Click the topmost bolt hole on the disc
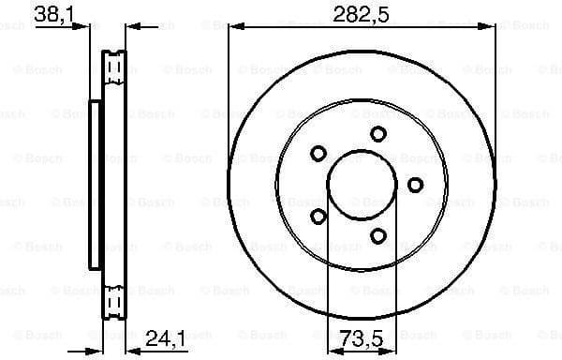coord(377,134)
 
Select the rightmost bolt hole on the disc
coord(416,184)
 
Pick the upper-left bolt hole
coord(318,153)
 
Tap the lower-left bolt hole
coord(318,217)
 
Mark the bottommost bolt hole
coord(378,235)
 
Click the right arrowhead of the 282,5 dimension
coord(490,27)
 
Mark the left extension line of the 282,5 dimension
coord(228,94)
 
